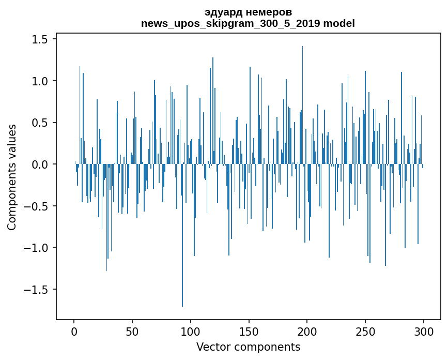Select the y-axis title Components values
pyautogui.click(x=12, y=176)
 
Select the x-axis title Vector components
pyautogui.click(x=248, y=347)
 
